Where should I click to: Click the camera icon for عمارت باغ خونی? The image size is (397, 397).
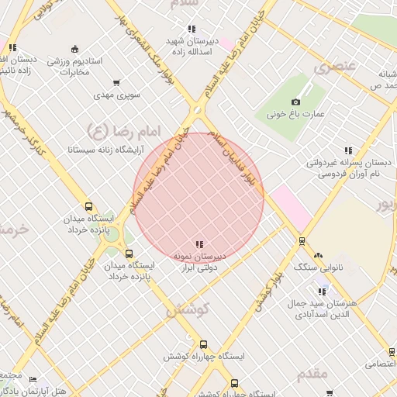(295, 102)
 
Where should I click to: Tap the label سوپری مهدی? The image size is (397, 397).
(117, 95)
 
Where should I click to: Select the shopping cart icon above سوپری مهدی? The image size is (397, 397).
(116, 82)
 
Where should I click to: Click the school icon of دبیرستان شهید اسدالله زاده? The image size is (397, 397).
(192, 29)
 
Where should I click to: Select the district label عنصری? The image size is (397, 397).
(334, 67)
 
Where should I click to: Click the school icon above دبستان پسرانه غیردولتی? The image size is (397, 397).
(347, 150)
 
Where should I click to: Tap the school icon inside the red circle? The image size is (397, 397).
(199, 244)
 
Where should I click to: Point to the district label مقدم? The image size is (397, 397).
(312, 374)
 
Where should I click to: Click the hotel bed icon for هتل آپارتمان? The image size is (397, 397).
(33, 380)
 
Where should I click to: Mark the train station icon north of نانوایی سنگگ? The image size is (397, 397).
(302, 241)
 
